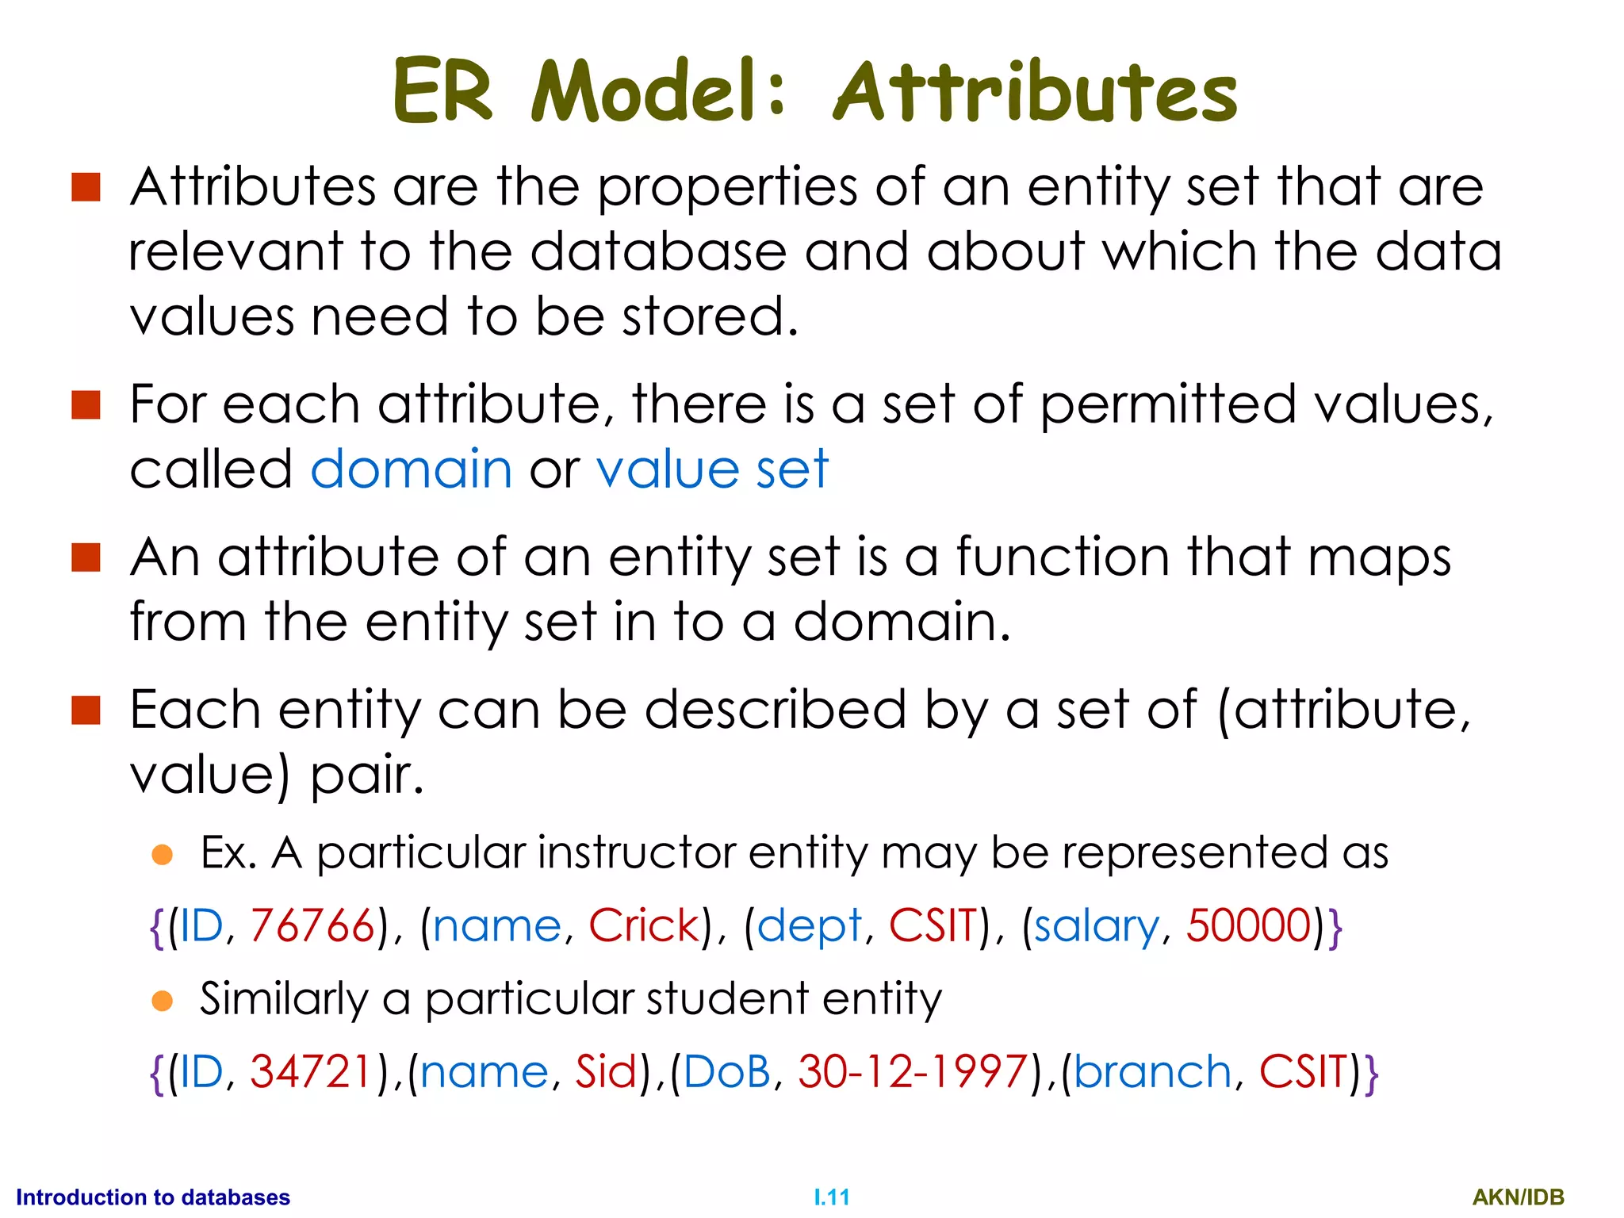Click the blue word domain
click(x=411, y=469)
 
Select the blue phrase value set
click(x=712, y=469)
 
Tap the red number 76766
click(x=312, y=925)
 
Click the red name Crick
click(x=644, y=925)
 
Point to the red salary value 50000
click(x=1249, y=925)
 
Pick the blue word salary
click(x=1096, y=927)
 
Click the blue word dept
click(x=809, y=927)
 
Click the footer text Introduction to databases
click(x=153, y=1197)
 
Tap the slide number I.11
click(x=832, y=1197)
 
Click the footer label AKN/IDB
click(x=1518, y=1197)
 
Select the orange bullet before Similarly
click(x=163, y=1001)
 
